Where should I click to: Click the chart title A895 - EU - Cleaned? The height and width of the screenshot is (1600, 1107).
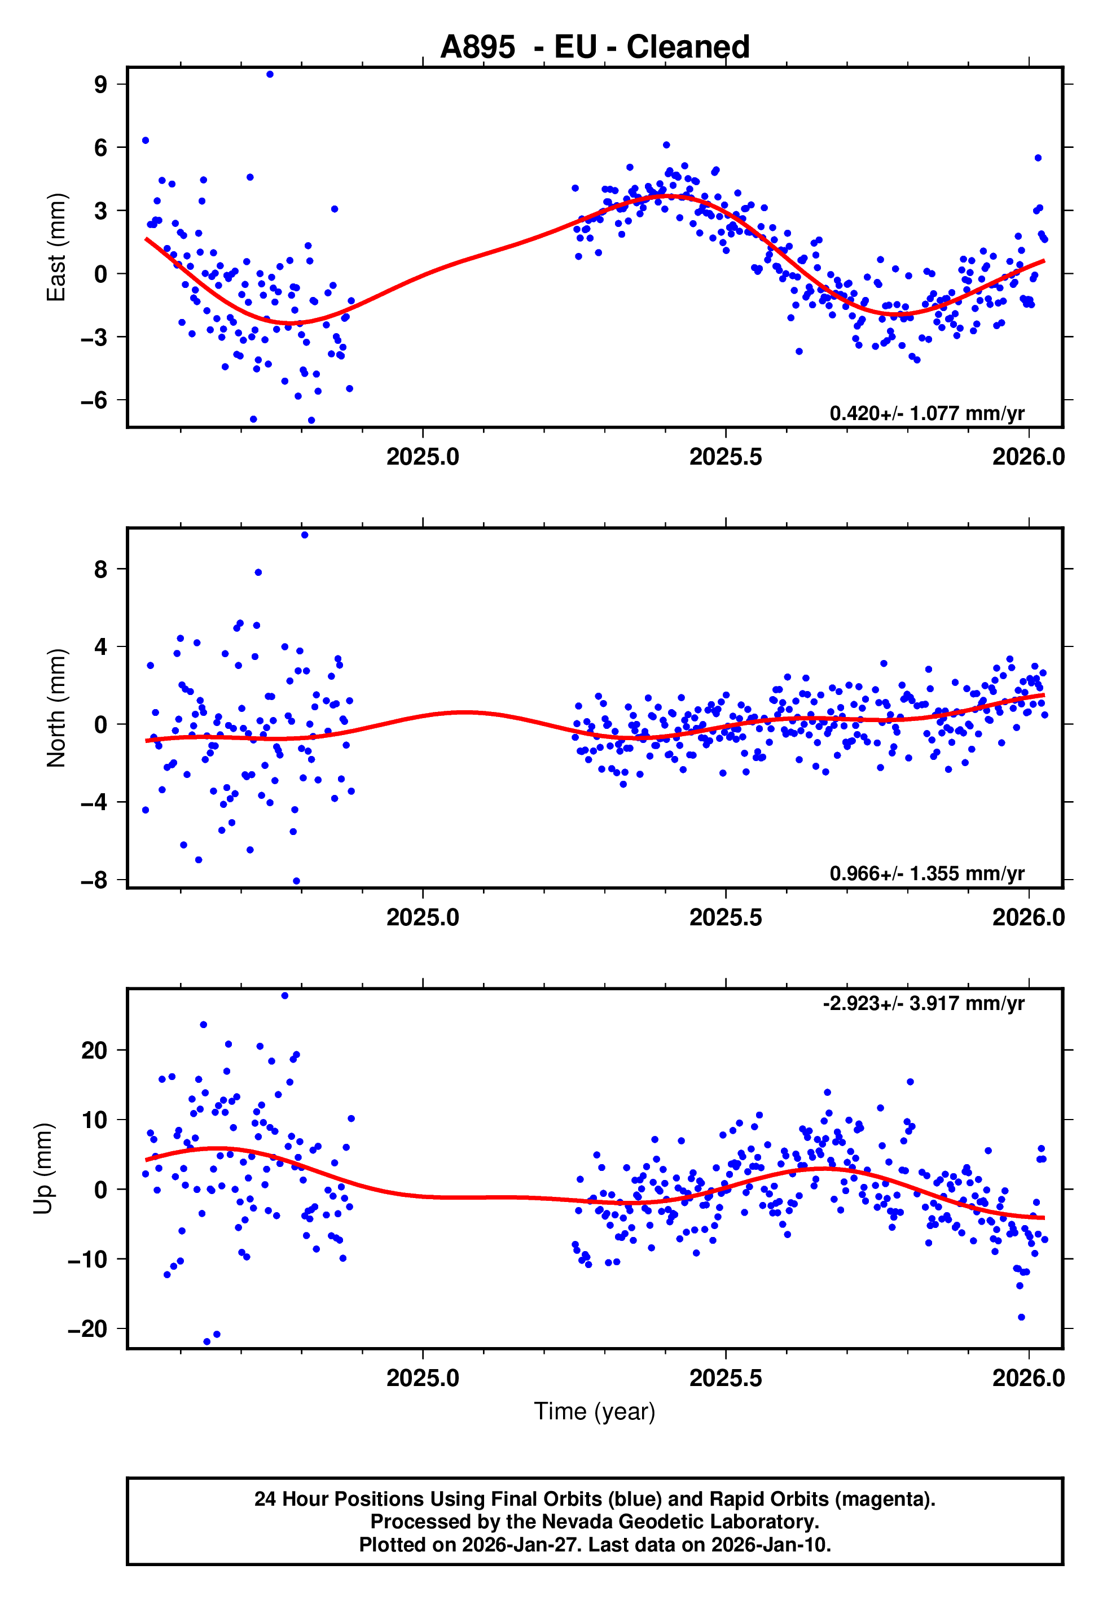tap(595, 47)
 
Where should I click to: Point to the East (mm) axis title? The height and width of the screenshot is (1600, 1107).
tap(56, 247)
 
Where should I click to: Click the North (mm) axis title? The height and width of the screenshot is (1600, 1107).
tap(56, 708)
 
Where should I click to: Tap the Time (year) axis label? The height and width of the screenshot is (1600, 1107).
tap(595, 1411)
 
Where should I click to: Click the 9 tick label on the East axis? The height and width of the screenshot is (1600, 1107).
tap(100, 85)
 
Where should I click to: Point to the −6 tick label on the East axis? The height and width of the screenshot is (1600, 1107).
tap(94, 400)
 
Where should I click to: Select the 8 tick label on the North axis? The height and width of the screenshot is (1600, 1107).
tap(100, 570)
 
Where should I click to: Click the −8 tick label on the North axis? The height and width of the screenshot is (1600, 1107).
tap(94, 881)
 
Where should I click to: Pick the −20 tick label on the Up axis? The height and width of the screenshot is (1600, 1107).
tap(87, 1328)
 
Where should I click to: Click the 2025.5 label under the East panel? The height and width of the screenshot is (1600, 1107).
tap(726, 457)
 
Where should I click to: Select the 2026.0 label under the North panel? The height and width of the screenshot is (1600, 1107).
tap(1028, 918)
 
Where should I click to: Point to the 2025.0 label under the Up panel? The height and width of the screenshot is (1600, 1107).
tap(423, 1378)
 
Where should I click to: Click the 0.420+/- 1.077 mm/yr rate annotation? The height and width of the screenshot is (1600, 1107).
tap(926, 413)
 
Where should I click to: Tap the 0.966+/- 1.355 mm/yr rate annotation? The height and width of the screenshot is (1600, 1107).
tap(926, 873)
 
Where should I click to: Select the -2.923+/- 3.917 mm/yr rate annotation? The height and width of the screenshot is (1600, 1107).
tap(923, 1003)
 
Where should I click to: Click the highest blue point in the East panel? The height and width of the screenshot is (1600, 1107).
tap(270, 74)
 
